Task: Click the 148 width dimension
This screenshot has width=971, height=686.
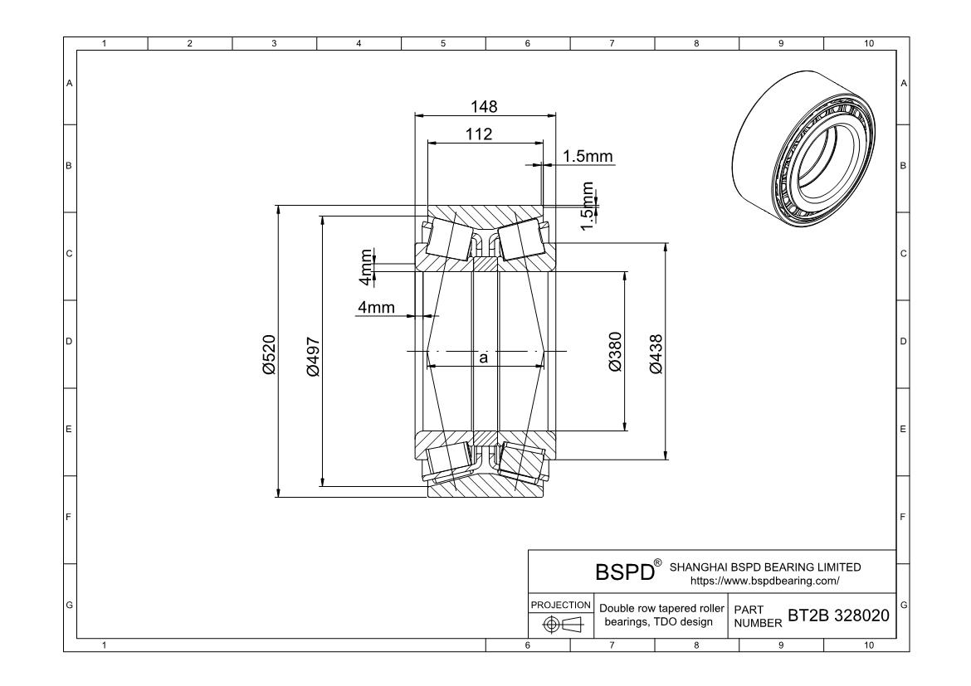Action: pyautogui.click(x=484, y=106)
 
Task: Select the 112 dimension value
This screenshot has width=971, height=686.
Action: pyautogui.click(x=479, y=134)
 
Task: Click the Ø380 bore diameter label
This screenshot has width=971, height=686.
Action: pyautogui.click(x=615, y=352)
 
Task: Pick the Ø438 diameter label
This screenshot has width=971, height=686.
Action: pyautogui.click(x=656, y=352)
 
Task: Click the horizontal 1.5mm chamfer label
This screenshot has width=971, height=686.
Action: pyautogui.click(x=588, y=156)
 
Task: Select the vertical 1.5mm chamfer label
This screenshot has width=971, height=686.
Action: pyautogui.click(x=588, y=204)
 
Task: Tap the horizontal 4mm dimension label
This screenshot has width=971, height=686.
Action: pyautogui.click(x=375, y=308)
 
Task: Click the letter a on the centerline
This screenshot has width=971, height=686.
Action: pyautogui.click(x=483, y=358)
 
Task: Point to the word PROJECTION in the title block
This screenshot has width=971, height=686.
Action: pyautogui.click(x=560, y=605)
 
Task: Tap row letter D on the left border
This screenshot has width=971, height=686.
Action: pyautogui.click(x=70, y=341)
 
